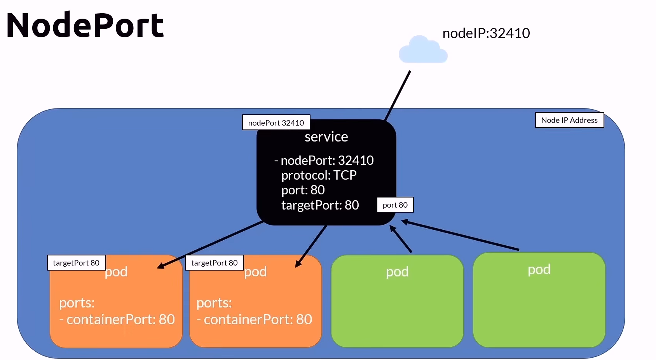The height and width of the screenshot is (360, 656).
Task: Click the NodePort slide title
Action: [x=85, y=25]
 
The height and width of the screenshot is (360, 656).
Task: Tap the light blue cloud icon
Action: [x=423, y=51]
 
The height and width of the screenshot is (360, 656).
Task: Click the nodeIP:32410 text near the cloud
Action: [x=486, y=33]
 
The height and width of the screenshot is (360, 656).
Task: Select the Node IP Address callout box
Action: [x=569, y=120]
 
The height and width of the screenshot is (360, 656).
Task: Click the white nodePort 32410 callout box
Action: [x=276, y=123]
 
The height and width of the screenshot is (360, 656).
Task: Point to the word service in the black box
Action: [x=326, y=137]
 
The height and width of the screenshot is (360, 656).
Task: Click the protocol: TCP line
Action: [x=319, y=175]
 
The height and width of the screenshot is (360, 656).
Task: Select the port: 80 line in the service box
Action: [x=303, y=190]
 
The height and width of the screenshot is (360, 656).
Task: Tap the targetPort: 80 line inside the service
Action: [x=320, y=205]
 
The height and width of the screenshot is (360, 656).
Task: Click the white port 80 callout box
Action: [x=395, y=205]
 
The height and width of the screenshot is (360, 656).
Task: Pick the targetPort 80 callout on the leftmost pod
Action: [x=76, y=263]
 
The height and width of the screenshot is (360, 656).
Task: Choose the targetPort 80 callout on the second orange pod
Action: [x=214, y=263]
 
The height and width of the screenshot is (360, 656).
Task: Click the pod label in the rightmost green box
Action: [x=539, y=269]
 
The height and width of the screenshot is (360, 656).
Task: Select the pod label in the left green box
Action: [x=397, y=272]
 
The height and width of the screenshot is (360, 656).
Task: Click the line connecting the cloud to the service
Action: [x=398, y=96]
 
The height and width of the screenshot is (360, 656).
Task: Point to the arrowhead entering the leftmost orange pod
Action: [x=160, y=266]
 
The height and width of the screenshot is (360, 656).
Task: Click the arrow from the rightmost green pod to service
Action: [x=461, y=236]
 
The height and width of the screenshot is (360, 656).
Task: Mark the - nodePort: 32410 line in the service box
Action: [x=324, y=161]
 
